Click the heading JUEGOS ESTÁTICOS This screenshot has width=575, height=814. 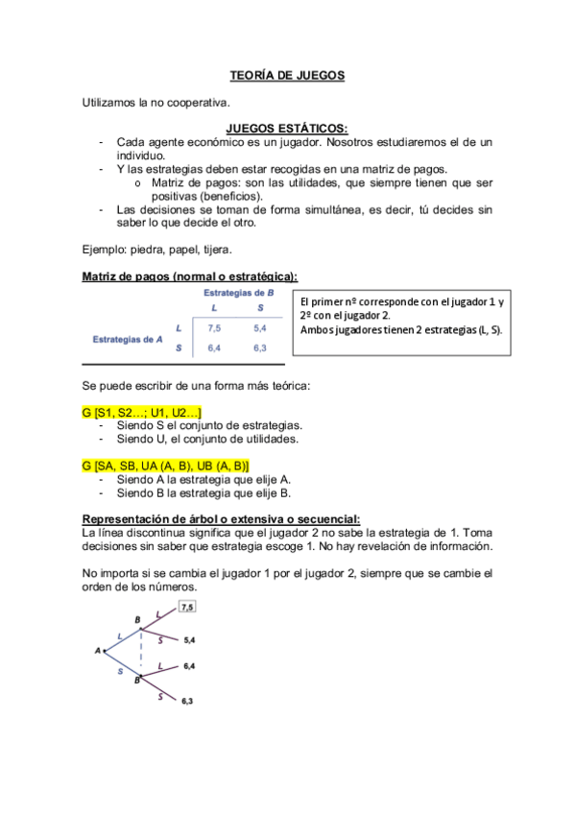287,128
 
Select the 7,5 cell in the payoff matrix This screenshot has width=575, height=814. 214,327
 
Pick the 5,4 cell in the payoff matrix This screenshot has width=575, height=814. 260,327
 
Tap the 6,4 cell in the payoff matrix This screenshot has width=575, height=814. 214,348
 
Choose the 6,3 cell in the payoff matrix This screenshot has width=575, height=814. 260,348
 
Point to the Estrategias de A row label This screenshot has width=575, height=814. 127,338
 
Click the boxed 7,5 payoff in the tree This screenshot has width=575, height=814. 186,608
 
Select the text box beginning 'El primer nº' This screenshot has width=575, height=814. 403,316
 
